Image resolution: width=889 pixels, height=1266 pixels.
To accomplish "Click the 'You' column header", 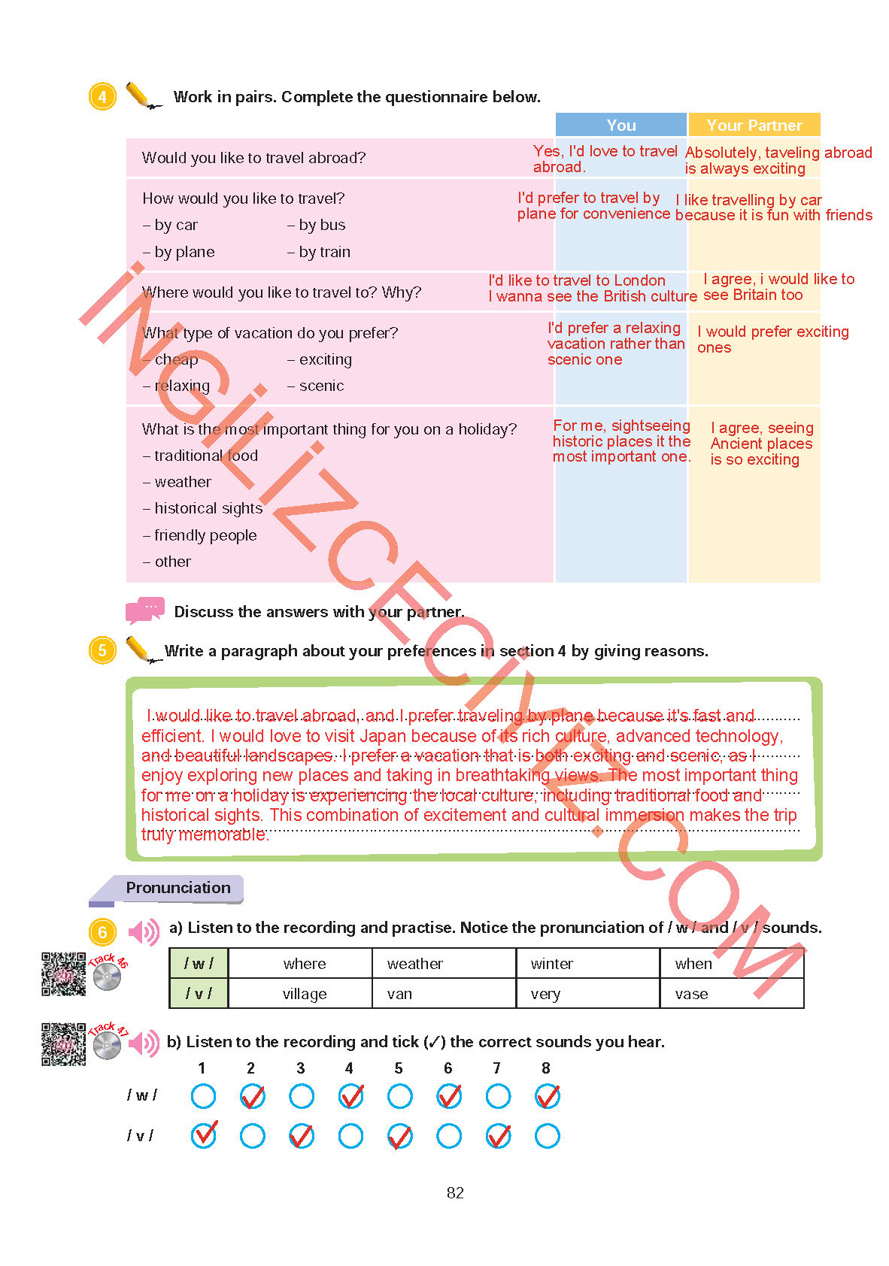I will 620,125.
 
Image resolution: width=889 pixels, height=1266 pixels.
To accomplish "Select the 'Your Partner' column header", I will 754,125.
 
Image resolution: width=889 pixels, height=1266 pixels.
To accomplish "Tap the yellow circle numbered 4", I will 103,96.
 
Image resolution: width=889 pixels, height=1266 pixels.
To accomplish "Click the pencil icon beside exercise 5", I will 141,650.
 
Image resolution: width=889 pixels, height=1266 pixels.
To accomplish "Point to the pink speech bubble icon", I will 144,610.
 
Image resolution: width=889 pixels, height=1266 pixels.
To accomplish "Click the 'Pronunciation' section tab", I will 177,888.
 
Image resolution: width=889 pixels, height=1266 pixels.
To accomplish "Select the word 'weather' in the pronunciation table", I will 415,964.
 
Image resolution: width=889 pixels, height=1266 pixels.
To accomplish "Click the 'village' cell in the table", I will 305,994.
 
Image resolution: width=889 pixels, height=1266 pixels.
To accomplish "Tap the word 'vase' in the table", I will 691,994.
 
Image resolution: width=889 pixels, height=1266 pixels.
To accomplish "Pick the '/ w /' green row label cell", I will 199,963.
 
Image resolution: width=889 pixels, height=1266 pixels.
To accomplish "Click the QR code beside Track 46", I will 63,974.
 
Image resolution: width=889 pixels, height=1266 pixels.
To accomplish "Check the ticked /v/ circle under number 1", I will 203,1135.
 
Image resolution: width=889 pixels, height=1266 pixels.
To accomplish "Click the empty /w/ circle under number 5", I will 399,1095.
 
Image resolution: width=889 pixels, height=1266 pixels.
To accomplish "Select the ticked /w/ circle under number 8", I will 547,1096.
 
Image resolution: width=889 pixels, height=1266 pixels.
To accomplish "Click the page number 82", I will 455,1192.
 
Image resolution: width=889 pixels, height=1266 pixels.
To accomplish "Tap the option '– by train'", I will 319,252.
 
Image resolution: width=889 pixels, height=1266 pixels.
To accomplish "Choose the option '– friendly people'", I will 200,535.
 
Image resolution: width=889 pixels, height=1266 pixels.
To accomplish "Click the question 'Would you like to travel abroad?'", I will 253,158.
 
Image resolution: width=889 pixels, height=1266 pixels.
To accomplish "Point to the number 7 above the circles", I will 496,1068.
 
